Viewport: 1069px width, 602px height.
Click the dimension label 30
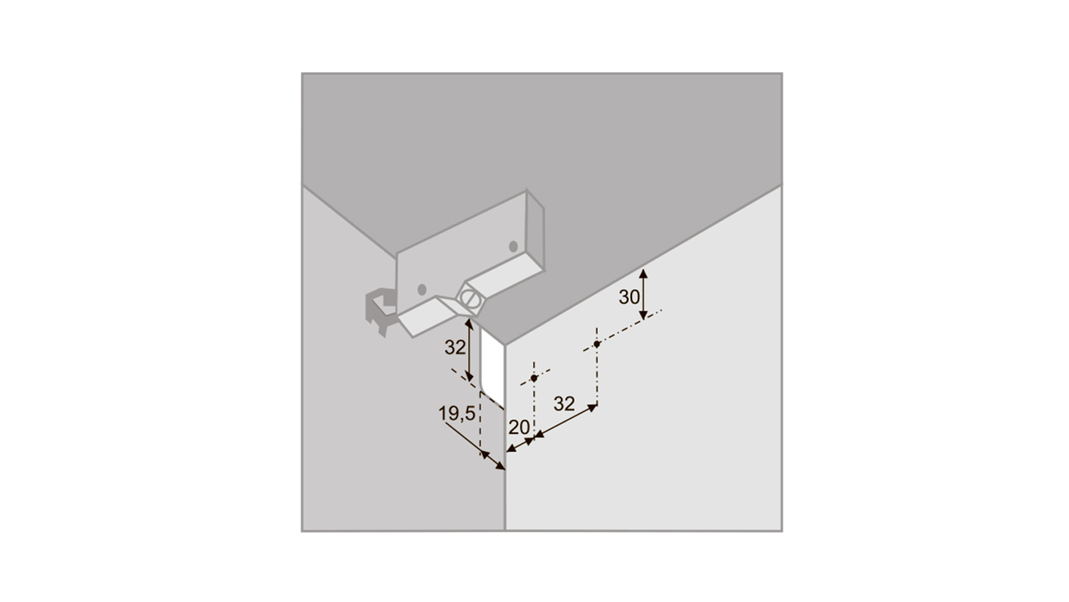point(629,297)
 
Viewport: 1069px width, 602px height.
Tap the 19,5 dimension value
point(457,414)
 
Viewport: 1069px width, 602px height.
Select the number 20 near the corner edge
point(519,428)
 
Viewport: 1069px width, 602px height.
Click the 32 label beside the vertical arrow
point(455,347)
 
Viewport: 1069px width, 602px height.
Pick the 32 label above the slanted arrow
point(564,404)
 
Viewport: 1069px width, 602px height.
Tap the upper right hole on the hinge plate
point(513,246)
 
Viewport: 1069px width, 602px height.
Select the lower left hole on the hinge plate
point(422,289)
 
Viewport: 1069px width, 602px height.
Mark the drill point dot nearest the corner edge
point(534,378)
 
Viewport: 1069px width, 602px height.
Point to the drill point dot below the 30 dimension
point(597,344)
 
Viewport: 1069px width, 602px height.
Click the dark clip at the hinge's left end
point(380,312)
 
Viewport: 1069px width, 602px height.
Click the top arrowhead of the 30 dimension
point(643,273)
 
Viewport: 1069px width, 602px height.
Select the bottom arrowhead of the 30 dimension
point(643,315)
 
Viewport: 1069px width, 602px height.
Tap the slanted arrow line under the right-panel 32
point(565,421)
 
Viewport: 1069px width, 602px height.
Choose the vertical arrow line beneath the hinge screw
point(469,349)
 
